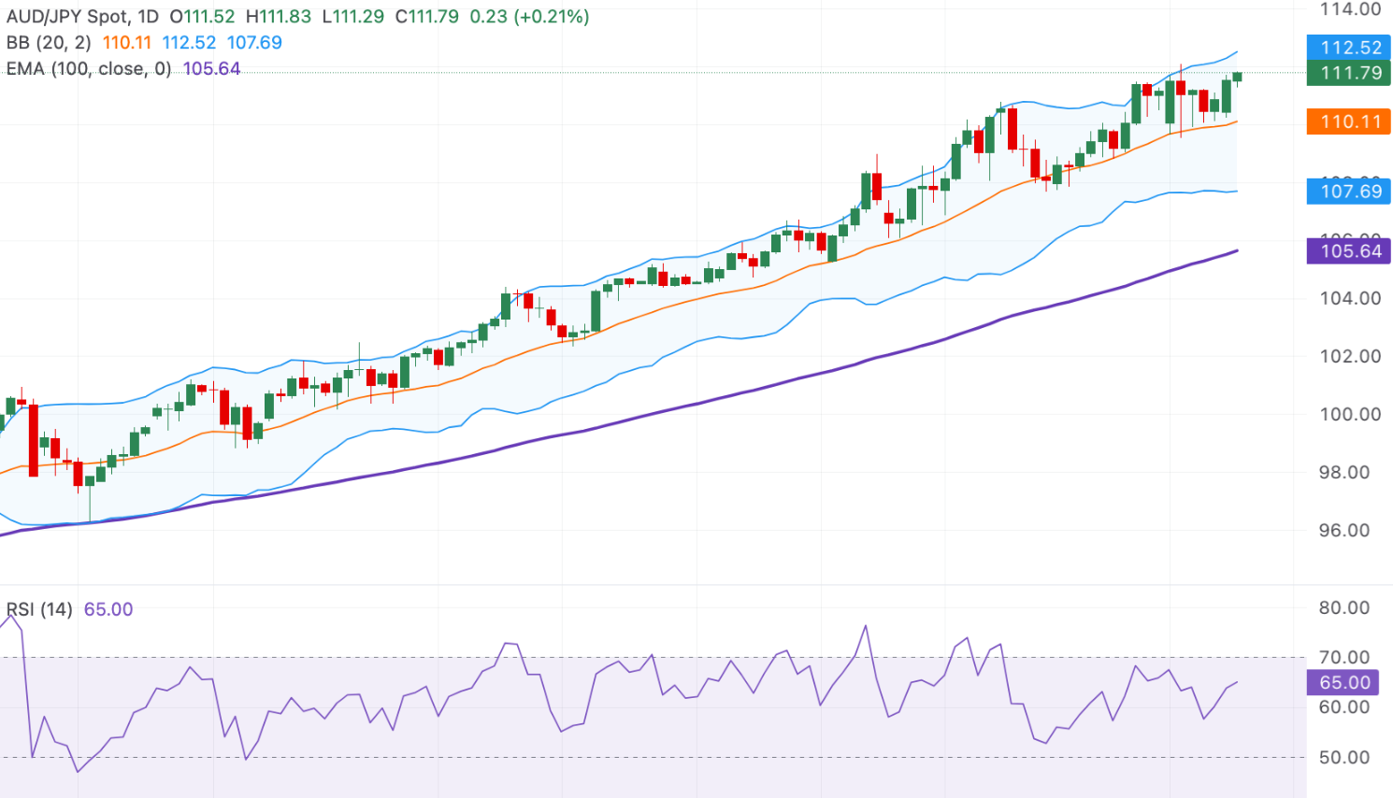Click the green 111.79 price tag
coord(1348,73)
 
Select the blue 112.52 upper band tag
coord(1348,48)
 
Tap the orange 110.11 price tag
coord(1348,121)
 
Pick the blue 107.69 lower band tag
coord(1348,192)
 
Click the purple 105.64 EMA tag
coord(1348,250)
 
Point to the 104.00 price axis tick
coord(1350,298)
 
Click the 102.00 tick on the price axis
coord(1350,356)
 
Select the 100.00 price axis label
coord(1350,414)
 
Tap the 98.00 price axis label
coord(1350,472)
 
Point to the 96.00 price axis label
coord(1350,530)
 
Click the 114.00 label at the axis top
coord(1350,9)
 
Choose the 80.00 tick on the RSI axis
coord(1344,607)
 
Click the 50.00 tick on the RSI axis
coord(1344,757)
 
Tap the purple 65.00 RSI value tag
coord(1343,682)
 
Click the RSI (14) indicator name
coord(39,609)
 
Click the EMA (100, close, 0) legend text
coord(89,68)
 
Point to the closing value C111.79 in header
coord(426,17)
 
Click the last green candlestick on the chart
coord(1237,77)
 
